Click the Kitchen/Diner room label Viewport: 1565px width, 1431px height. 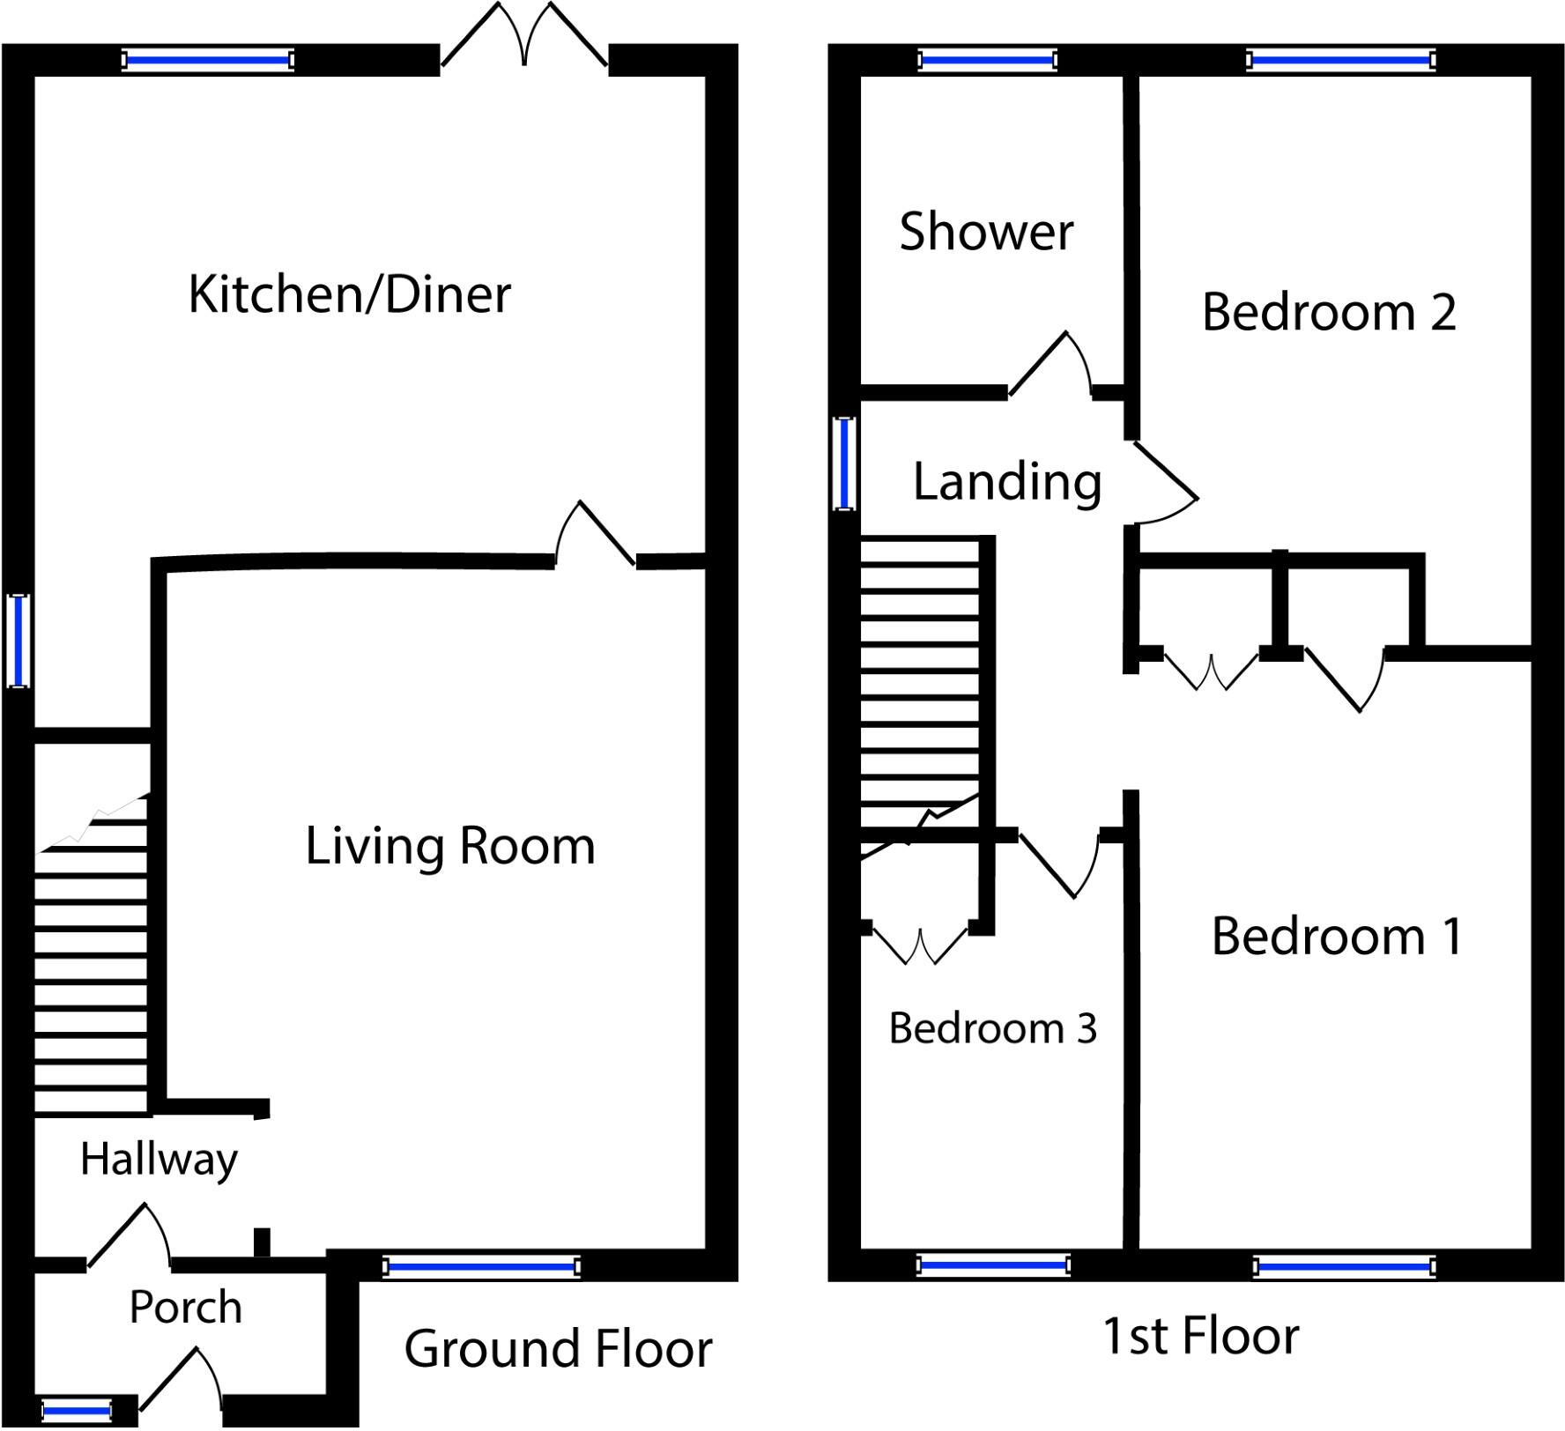coord(350,294)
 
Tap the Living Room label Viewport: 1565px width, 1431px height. coord(450,847)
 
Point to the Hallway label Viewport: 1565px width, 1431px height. coord(159,1160)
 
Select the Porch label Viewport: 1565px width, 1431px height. coord(185,1307)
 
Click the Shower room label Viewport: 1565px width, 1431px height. coord(986,232)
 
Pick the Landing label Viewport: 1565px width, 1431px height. coord(1007,483)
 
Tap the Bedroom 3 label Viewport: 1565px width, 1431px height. coord(993,1028)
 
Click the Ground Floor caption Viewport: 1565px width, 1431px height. coord(558,1348)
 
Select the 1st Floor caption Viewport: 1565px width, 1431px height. coord(1201,1336)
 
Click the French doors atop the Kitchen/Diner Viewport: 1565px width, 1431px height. coord(524,35)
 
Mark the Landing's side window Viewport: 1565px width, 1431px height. coord(844,463)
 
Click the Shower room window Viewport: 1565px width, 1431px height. coord(987,60)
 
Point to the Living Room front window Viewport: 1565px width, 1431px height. coord(482,1267)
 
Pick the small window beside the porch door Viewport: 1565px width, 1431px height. coord(77,1412)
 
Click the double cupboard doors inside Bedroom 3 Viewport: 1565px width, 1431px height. coord(921,945)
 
